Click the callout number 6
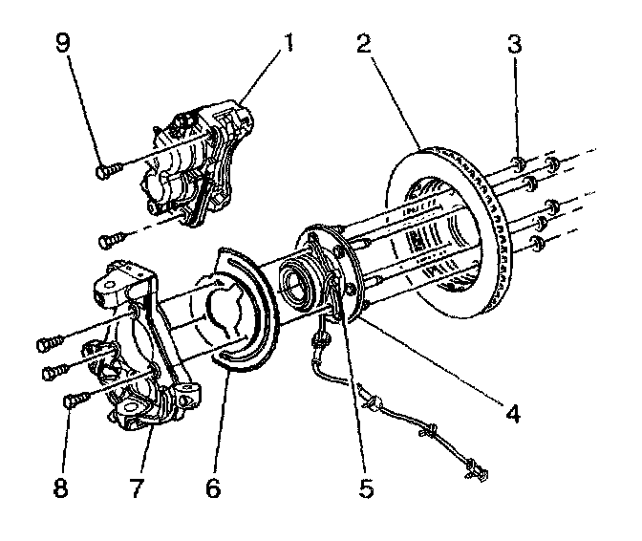212,488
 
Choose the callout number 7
137,488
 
